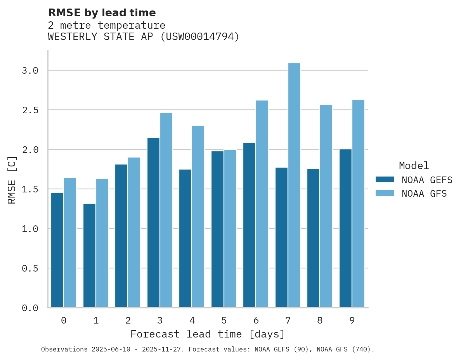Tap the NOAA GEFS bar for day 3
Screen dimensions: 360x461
click(x=153, y=223)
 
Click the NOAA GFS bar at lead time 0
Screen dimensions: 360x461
click(x=70, y=242)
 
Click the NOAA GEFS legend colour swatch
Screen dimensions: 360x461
click(x=385, y=180)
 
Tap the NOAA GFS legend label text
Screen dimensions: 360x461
click(x=424, y=193)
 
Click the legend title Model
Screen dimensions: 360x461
click(x=414, y=166)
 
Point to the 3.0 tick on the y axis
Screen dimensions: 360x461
click(x=30, y=71)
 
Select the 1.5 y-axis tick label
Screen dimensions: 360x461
click(x=30, y=189)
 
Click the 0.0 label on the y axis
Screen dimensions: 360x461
click(x=30, y=308)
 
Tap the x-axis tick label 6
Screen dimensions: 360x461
click(x=256, y=320)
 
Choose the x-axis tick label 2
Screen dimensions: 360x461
click(x=128, y=320)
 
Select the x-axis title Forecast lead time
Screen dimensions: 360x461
click(x=208, y=334)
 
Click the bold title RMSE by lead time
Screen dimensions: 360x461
click(x=102, y=13)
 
